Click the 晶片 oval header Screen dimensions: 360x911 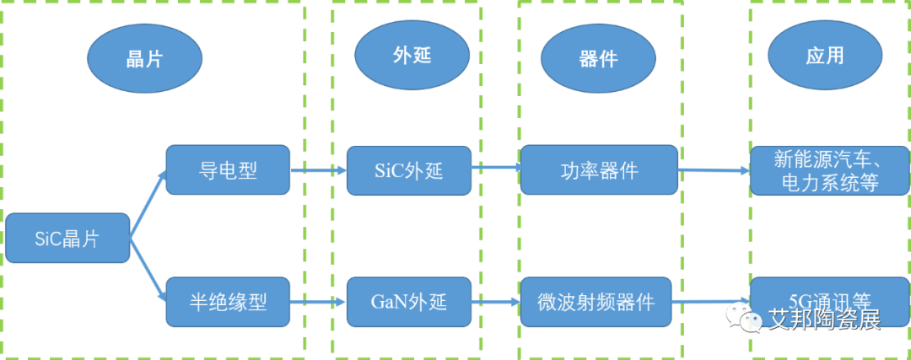point(144,58)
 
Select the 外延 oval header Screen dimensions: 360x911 point(412,56)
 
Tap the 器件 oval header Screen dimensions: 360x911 point(598,58)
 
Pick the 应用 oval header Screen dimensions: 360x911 point(824,56)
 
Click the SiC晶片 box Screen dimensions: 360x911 point(67,238)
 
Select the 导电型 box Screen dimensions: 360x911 point(228,170)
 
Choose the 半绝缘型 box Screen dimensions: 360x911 point(228,302)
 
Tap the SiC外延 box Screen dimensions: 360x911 point(409,170)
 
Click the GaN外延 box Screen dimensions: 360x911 point(409,302)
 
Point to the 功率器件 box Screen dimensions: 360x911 point(599,170)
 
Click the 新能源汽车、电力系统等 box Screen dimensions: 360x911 point(829,170)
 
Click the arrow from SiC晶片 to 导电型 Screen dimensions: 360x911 point(148,203)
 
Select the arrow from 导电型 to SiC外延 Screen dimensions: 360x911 point(318,169)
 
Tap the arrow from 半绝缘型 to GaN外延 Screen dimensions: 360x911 point(318,302)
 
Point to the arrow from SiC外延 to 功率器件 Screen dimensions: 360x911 point(496,169)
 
